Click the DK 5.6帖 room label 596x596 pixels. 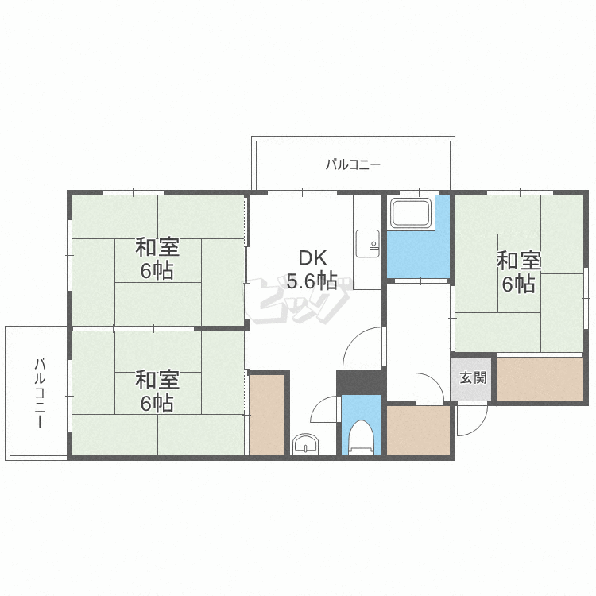(x=312, y=270)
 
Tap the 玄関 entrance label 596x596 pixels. (x=473, y=377)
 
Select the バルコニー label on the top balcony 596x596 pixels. (x=353, y=165)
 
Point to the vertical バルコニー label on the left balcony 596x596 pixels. (x=40, y=393)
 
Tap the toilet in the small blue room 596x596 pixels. (x=361, y=437)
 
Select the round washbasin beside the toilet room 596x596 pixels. (x=305, y=443)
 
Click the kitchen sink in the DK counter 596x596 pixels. (x=367, y=244)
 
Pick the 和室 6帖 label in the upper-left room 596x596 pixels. (x=157, y=258)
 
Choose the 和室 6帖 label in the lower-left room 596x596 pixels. (x=157, y=392)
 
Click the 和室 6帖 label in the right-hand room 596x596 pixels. (x=518, y=272)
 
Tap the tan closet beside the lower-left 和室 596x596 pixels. (x=267, y=415)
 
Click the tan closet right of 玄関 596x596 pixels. (x=540, y=378)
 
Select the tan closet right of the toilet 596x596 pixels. (x=418, y=430)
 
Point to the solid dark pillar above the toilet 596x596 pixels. (x=359, y=382)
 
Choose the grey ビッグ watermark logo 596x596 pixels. (x=297, y=300)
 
